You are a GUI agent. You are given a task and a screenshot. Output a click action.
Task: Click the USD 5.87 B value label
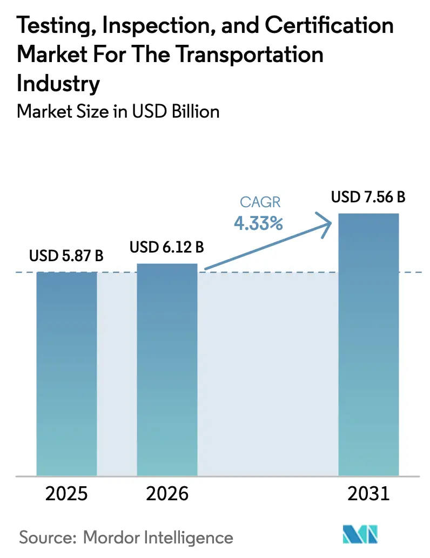tap(66, 255)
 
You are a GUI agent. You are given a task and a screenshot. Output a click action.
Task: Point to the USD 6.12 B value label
tap(166, 248)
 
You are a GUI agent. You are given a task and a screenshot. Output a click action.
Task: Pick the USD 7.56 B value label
tap(368, 198)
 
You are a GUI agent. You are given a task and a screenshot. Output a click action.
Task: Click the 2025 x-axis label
tap(66, 494)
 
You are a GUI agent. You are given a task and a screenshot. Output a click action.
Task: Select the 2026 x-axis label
tap(167, 494)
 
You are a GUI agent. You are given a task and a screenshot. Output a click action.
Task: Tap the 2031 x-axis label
tap(368, 494)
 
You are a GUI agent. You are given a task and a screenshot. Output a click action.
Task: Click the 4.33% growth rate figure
tap(258, 223)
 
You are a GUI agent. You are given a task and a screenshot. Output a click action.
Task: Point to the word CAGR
tap(258, 203)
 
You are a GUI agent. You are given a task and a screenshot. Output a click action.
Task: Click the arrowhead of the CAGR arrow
tap(327, 221)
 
